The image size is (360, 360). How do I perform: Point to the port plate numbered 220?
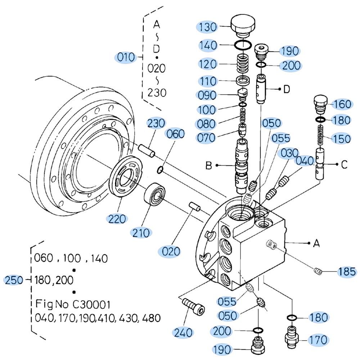coord(126,179)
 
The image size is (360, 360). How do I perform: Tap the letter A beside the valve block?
coord(316,244)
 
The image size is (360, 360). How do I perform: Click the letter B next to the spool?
coord(208,166)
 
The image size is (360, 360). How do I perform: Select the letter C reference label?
coord(344,165)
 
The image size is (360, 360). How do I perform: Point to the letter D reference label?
coord(287,89)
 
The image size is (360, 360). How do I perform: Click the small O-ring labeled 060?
coord(161,168)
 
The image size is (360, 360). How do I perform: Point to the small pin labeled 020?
coord(195,208)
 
